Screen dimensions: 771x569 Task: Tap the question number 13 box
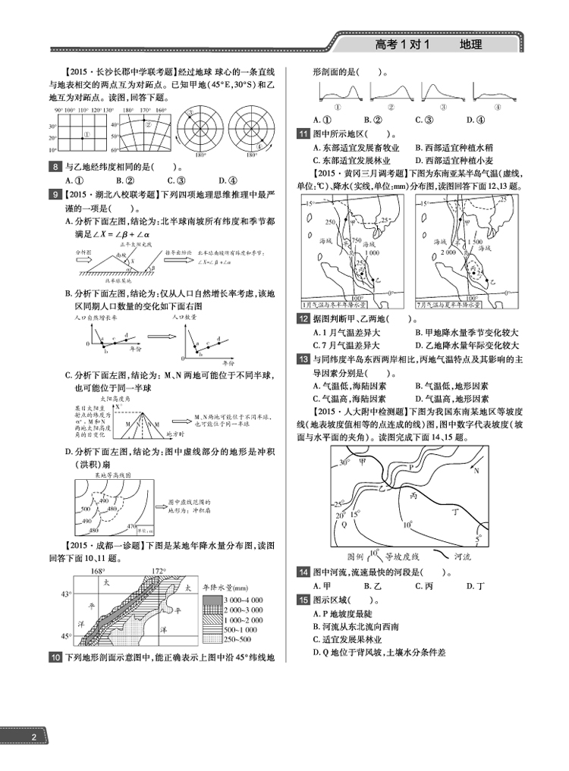click(x=302, y=359)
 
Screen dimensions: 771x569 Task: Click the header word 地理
click(x=471, y=45)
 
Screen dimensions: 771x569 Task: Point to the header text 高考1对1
click(x=402, y=45)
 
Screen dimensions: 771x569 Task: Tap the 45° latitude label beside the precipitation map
click(x=66, y=636)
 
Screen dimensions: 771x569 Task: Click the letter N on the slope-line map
click(x=476, y=471)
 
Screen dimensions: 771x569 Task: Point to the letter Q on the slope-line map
click(x=344, y=524)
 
